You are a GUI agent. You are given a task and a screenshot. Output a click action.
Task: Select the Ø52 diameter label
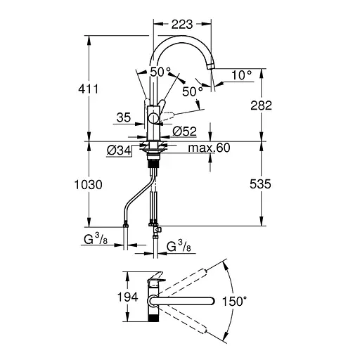(x=184, y=131)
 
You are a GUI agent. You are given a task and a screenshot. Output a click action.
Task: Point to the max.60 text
(x=210, y=148)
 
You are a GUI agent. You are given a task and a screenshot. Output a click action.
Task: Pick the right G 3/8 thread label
(x=181, y=247)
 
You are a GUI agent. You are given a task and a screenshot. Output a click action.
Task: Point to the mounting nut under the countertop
(x=152, y=148)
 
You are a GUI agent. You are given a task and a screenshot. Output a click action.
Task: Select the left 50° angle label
(x=160, y=72)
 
